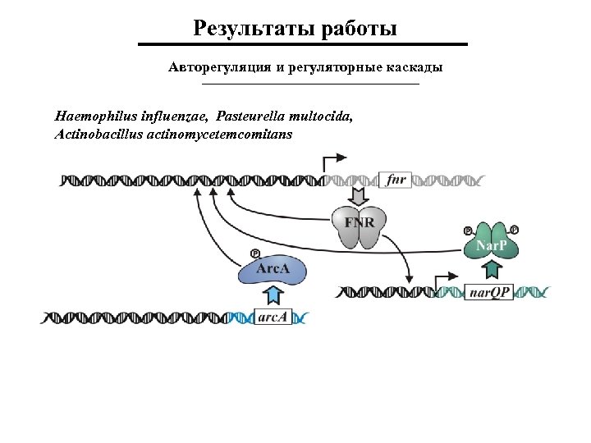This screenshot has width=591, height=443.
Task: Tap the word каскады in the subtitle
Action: [x=415, y=66]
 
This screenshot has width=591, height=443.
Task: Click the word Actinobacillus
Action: [x=97, y=133]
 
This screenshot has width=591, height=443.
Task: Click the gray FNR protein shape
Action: [x=358, y=226]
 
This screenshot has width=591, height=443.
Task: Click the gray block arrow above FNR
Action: [x=358, y=198]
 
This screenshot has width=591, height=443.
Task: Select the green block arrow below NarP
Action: [x=492, y=270]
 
